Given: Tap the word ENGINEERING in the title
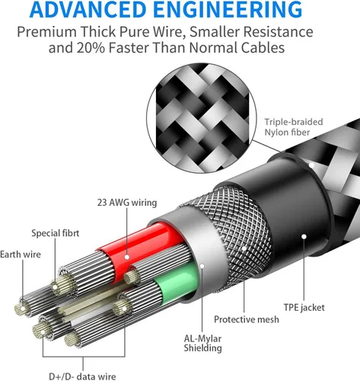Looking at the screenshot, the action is click(228, 9).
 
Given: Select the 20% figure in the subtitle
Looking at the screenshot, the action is click(91, 48).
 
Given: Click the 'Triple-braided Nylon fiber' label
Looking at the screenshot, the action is click(294, 127).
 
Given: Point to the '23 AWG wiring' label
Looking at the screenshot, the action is click(127, 203).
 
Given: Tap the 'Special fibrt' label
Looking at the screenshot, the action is click(56, 233).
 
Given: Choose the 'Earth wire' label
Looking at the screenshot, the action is click(21, 255).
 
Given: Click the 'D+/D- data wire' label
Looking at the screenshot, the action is click(82, 376).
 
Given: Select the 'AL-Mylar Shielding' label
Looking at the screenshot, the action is click(202, 343).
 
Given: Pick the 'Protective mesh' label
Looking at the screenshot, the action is click(247, 319).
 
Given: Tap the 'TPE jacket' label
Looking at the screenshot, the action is click(304, 308).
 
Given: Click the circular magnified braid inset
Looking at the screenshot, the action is click(202, 118).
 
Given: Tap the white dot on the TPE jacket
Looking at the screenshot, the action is click(304, 236).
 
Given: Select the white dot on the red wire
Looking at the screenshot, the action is click(127, 257).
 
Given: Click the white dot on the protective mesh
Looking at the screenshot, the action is click(244, 248).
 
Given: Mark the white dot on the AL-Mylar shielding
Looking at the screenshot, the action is click(202, 266).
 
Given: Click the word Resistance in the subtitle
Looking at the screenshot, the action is click(278, 32).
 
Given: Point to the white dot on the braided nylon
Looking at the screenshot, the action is click(312, 165).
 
